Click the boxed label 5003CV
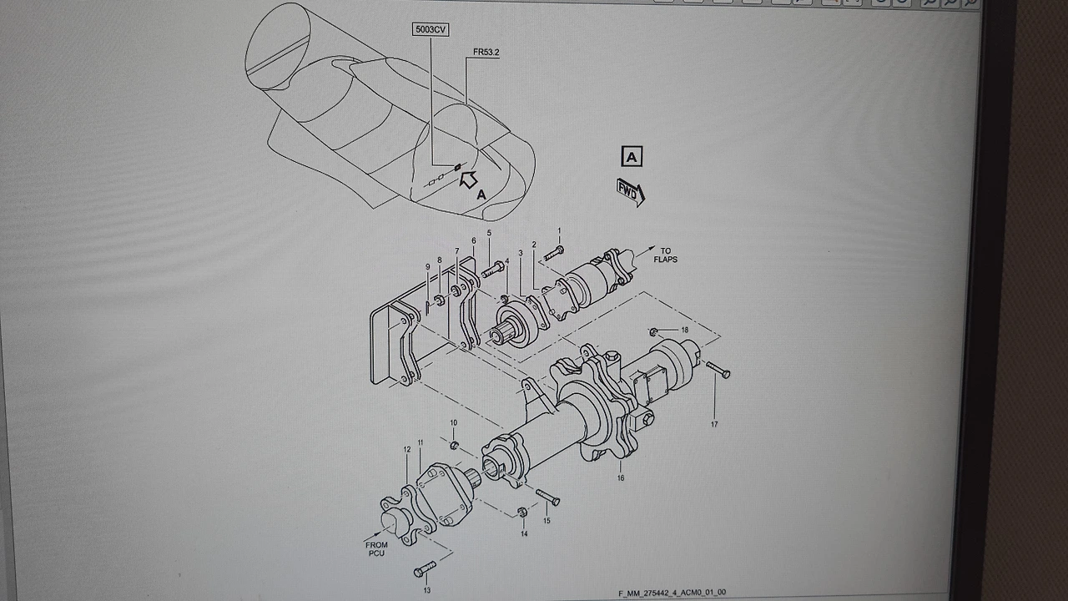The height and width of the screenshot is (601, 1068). click(x=431, y=29)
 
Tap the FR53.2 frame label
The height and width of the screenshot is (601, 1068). click(x=486, y=52)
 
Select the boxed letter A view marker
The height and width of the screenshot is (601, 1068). click(x=632, y=156)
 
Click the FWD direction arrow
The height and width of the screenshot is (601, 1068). click(x=630, y=193)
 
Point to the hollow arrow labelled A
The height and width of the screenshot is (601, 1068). click(x=469, y=179)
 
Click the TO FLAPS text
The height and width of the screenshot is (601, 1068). click(x=665, y=255)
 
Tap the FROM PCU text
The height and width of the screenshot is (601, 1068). click(x=376, y=549)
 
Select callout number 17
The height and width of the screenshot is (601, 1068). click(x=714, y=424)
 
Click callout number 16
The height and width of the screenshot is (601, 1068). click(x=620, y=478)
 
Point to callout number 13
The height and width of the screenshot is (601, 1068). click(x=426, y=590)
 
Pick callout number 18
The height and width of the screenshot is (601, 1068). click(x=685, y=330)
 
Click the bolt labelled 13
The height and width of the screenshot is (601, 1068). click(x=425, y=568)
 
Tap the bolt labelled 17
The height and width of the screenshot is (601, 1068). click(x=718, y=370)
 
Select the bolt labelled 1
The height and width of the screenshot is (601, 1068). click(x=553, y=253)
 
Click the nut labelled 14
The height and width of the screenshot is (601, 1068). click(x=522, y=513)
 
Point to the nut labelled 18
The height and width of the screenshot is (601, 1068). click(x=653, y=331)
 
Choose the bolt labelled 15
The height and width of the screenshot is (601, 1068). click(x=548, y=497)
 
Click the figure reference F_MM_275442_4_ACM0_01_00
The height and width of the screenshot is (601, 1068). click(x=673, y=593)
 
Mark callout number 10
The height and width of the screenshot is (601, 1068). click(x=453, y=422)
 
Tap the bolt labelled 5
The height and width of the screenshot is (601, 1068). click(x=492, y=269)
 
